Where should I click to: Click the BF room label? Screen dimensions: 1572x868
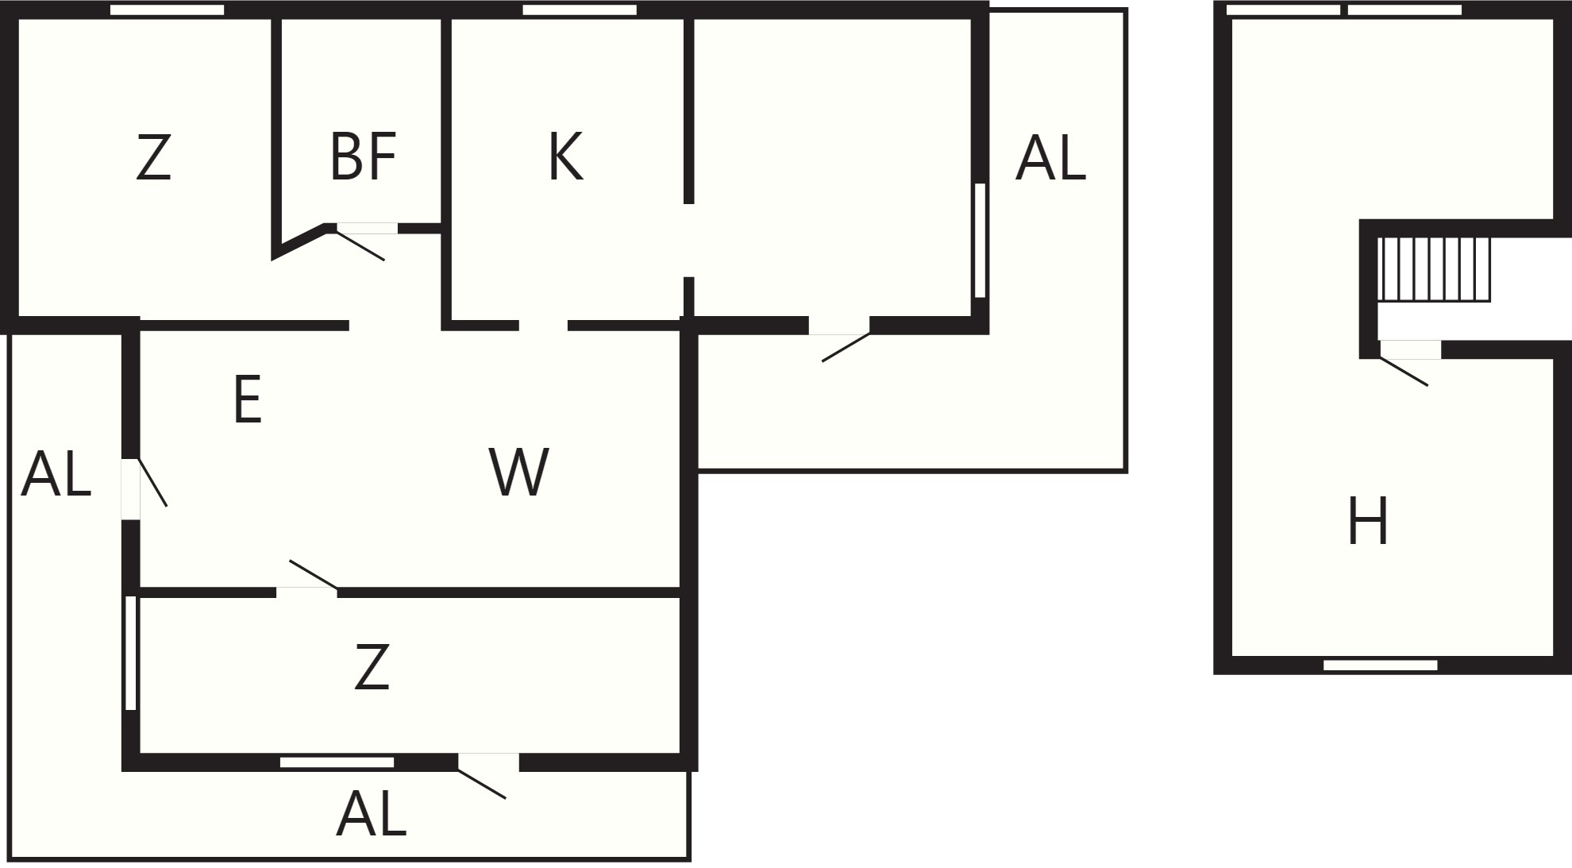pos(363,157)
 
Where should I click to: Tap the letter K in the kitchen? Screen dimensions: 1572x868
pos(565,157)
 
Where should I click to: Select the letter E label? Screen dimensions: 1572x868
pos(248,399)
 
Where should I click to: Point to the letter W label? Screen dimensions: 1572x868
pos(519,472)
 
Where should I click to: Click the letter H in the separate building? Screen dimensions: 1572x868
pos(1368,521)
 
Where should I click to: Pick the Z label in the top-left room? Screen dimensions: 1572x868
pos(153,158)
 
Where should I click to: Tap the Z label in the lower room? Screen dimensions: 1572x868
pos(372,667)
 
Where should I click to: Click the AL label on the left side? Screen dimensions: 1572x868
pos(56,474)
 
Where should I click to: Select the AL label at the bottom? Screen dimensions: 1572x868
pos(372,814)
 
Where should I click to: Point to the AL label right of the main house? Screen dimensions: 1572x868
pos(1050,157)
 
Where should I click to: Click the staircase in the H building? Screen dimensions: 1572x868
pos(1434,269)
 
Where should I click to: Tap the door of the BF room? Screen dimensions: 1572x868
pos(361,242)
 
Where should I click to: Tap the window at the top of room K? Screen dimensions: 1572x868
pos(580,10)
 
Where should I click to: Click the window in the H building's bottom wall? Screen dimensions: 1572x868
pos(1381,665)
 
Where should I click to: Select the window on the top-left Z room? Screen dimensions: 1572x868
pos(167,10)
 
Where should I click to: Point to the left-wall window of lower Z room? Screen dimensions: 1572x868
pos(131,653)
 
